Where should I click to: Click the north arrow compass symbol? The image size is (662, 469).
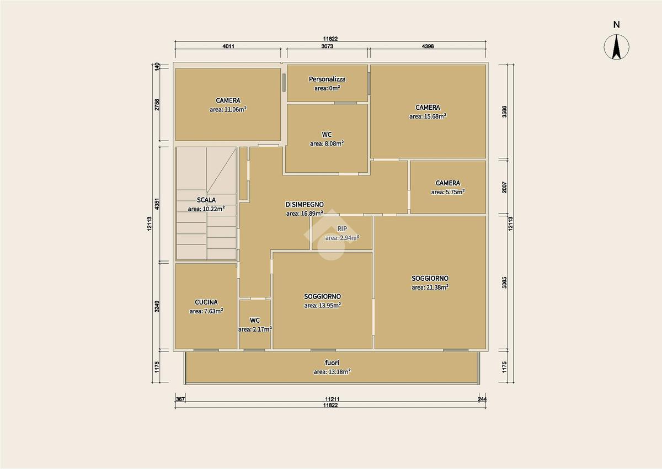pos(616,47)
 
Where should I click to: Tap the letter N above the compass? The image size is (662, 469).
pos(616,25)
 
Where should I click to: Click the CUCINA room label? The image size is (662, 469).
pos(206,302)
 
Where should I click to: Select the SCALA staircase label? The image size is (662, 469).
pos(206,200)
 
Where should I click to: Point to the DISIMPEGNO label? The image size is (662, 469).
pos(305,204)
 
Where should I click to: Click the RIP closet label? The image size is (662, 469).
pos(342,228)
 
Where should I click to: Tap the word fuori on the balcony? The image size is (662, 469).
pos(332,363)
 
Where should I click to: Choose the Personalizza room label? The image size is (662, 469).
pos(327,79)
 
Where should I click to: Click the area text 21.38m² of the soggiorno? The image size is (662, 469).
pos(430,287)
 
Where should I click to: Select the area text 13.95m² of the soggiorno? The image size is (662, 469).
pos(322,305)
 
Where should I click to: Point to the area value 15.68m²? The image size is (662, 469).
pos(428,116)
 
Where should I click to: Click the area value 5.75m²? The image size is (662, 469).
pos(448,192)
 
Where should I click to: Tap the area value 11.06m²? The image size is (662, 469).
pos(228,109)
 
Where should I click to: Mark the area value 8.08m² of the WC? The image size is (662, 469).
pos(327,143)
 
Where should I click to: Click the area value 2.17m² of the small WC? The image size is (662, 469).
pos(255,329)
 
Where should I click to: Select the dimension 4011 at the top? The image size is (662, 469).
pos(228,46)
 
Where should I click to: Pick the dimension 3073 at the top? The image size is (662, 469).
pos(327,46)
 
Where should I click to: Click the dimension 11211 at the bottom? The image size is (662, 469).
pos(332,399)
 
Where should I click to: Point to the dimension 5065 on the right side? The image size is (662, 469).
pos(504,283)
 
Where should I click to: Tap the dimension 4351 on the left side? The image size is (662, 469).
pos(157,204)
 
